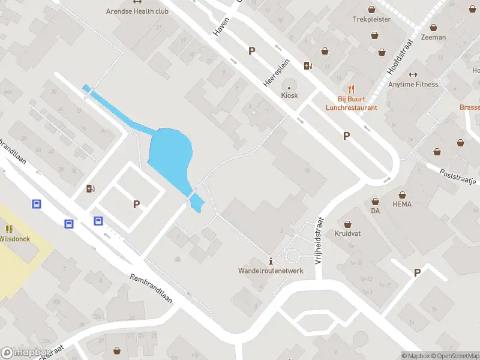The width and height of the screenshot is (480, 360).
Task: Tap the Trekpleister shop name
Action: [x=371, y=19]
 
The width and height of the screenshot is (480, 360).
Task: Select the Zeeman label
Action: [x=433, y=37]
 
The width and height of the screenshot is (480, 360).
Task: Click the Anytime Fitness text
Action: [x=413, y=84]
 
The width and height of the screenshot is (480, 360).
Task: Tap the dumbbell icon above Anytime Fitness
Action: [x=412, y=74]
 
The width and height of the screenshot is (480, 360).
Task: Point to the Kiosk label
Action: [x=289, y=95]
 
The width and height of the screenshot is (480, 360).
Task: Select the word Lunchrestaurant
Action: [x=351, y=108]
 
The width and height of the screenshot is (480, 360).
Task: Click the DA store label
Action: [x=376, y=211]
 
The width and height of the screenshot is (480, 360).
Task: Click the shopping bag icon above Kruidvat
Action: [x=347, y=223]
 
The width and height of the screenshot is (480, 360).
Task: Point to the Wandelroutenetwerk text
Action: [x=271, y=271]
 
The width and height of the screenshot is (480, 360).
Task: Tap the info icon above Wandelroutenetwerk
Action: [x=271, y=261]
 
